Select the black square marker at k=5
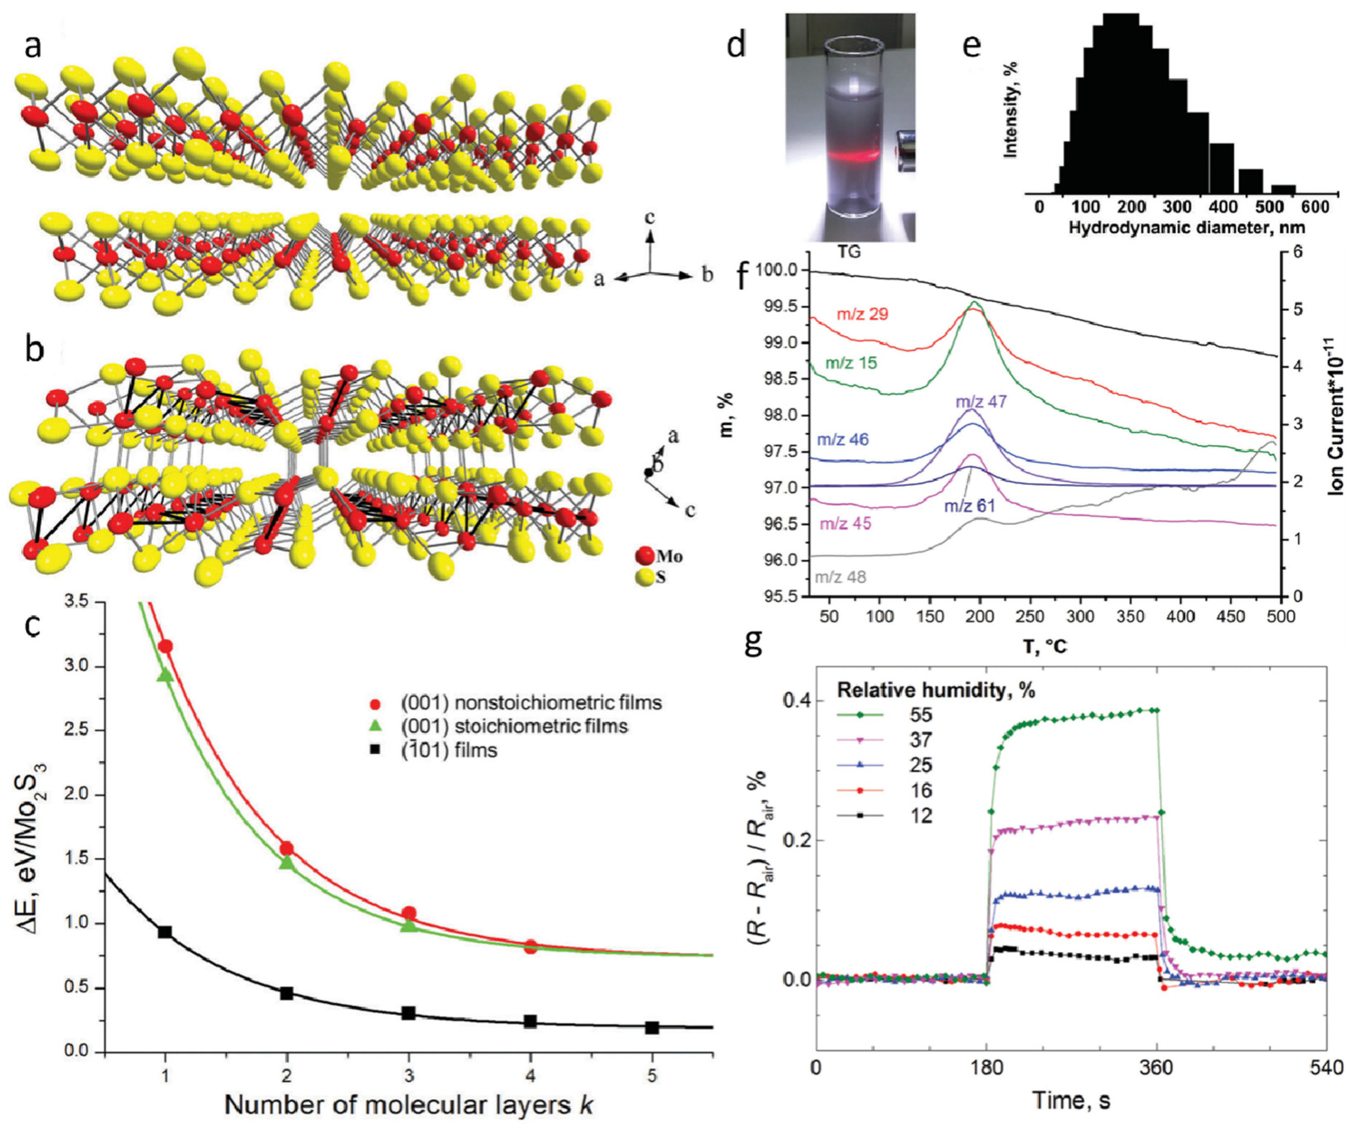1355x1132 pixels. click(x=652, y=1027)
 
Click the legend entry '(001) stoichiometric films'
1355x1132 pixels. click(x=513, y=726)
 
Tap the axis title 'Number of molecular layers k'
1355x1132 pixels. click(x=408, y=1105)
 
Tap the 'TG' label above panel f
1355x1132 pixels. click(x=849, y=252)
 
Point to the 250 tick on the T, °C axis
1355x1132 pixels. click(x=1030, y=616)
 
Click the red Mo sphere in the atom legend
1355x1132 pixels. click(x=644, y=556)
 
